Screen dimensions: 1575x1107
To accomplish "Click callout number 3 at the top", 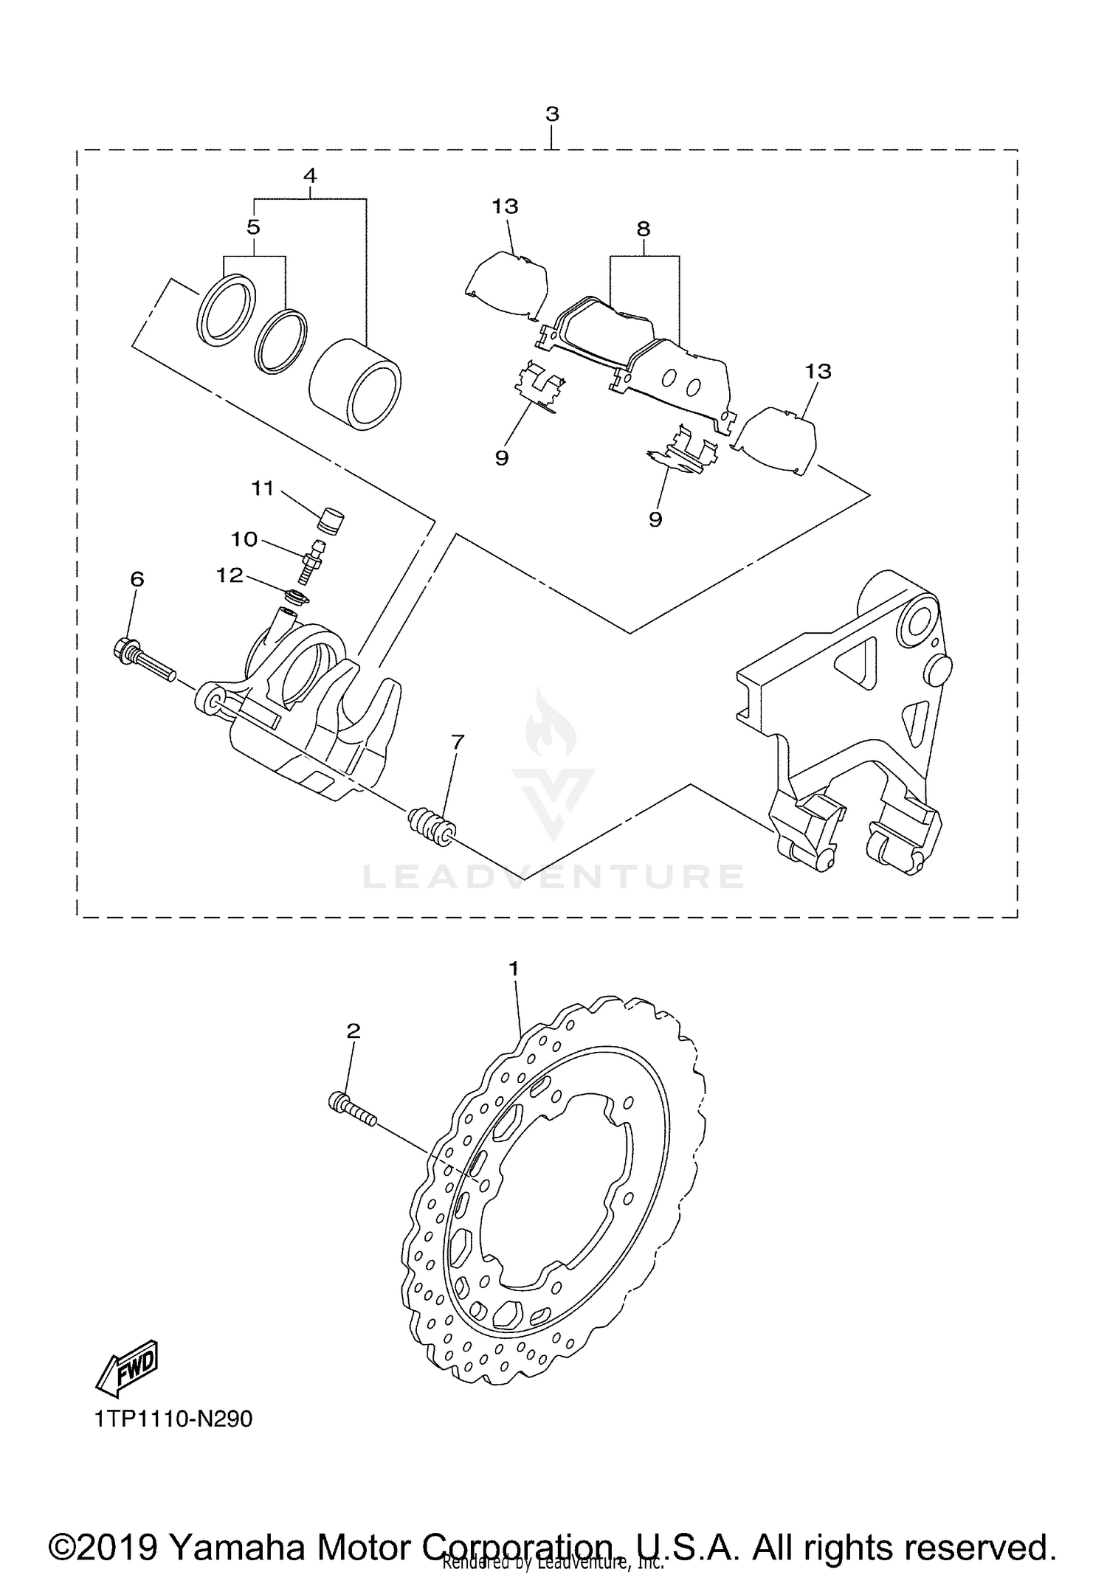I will [x=552, y=114].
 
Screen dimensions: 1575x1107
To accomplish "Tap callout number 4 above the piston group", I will [x=310, y=176].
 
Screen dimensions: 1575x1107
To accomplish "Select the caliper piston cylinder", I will [x=355, y=384].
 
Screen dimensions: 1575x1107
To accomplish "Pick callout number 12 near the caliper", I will [x=230, y=575].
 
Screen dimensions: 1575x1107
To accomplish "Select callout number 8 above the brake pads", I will [x=643, y=229].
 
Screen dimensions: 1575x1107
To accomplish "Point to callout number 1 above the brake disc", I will [x=514, y=968].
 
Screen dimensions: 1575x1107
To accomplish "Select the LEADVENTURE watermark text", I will [x=553, y=876].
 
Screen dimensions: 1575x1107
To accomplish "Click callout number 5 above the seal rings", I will [x=254, y=227].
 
